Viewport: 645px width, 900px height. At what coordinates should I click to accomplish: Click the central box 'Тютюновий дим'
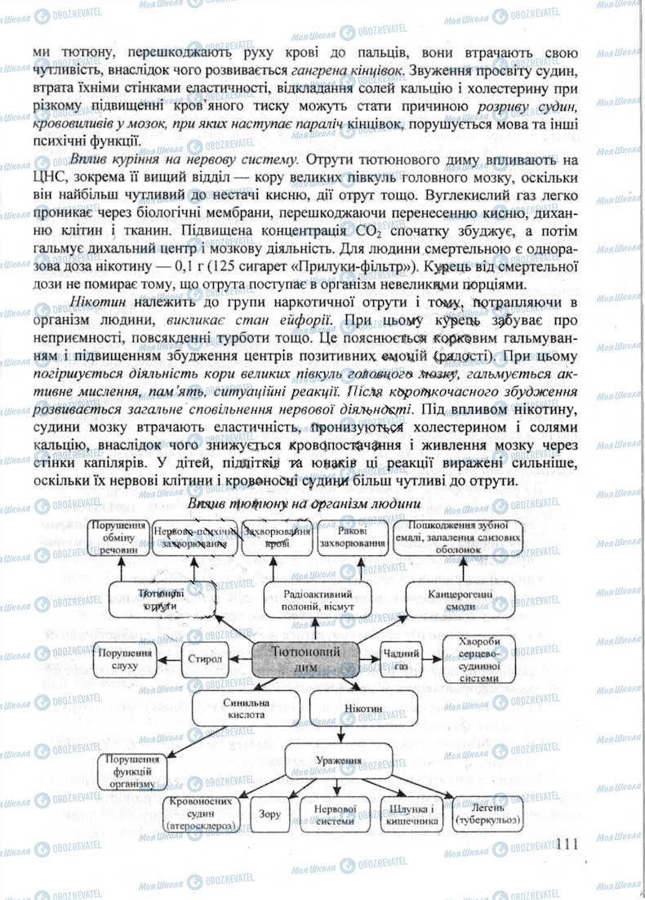305,658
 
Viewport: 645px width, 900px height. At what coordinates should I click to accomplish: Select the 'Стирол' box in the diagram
203,657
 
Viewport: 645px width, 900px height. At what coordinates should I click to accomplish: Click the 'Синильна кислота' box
242,707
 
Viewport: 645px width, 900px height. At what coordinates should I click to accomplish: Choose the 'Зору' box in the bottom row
269,814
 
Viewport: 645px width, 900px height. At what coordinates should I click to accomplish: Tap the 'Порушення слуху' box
126,660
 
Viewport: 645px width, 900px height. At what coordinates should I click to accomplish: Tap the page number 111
565,843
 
